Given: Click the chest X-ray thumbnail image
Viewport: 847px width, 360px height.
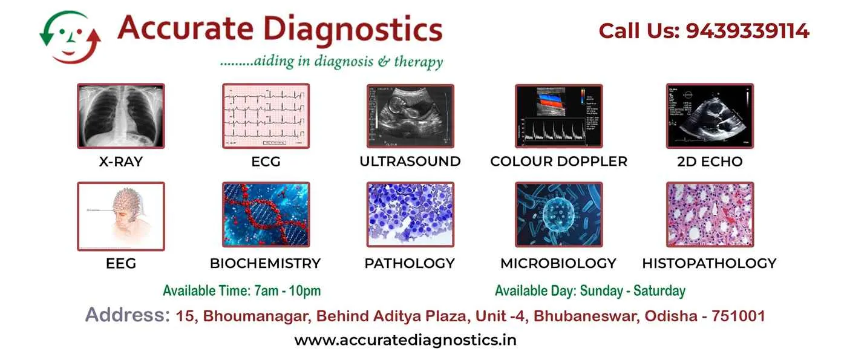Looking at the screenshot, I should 120,116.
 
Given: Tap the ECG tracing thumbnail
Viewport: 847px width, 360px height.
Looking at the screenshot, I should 266,116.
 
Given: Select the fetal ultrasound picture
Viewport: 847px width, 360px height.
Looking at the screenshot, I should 410,116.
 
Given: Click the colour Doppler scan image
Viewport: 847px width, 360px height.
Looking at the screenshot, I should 558,116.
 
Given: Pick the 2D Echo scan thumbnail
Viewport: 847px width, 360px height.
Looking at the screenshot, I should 710,116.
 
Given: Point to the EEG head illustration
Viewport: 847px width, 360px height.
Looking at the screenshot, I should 120,216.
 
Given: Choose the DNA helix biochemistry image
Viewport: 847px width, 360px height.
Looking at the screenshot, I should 266,215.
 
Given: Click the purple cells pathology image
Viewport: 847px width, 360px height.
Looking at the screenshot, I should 410,215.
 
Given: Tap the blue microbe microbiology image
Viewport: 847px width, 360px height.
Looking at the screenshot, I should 558,215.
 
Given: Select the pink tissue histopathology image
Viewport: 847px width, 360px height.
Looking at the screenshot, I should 710,215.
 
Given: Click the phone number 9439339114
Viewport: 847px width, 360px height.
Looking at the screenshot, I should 747,31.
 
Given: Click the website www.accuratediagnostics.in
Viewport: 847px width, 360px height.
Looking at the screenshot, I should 405,340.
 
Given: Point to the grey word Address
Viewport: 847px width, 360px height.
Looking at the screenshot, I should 127,315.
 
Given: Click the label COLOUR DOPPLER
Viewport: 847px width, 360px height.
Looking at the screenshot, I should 558,162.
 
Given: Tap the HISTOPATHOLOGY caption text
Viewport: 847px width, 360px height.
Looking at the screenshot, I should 709,264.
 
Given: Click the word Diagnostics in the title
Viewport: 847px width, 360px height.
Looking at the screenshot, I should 354,29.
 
